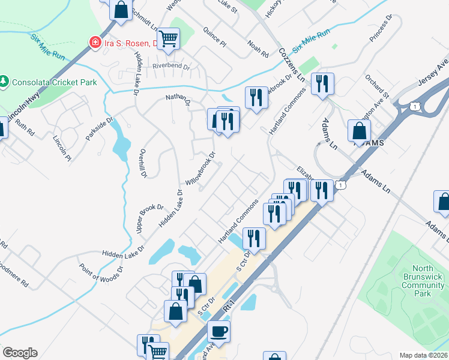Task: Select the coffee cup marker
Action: click(x=218, y=331)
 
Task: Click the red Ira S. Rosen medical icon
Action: click(x=94, y=42)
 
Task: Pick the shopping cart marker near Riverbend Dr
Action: click(x=169, y=39)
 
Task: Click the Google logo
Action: click(x=20, y=353)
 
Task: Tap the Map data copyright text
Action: click(x=424, y=355)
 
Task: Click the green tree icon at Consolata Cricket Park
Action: click(x=5, y=80)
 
